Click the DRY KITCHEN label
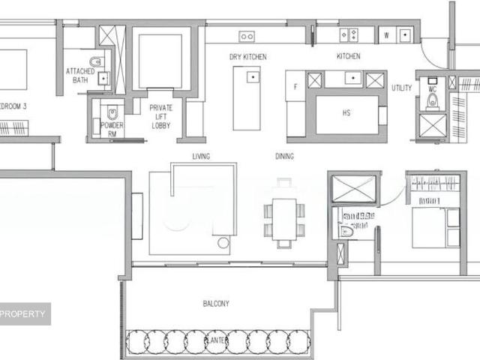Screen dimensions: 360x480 coord(248,57)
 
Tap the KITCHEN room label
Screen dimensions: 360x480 coord(348,57)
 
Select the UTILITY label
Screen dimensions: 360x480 coord(402,88)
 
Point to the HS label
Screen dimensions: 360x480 coord(346,113)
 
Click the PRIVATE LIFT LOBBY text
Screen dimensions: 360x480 coord(160,117)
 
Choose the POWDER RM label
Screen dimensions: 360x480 coord(112,129)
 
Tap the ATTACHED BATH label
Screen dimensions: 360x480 coord(80,75)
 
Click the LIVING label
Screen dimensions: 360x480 coord(201,156)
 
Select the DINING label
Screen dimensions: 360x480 coord(284,157)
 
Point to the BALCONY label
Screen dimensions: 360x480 coord(216,304)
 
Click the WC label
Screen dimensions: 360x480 coord(433,89)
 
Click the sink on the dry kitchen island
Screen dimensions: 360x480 coord(253,76)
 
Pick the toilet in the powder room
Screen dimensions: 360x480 coord(112,113)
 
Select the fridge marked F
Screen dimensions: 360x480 coord(295,87)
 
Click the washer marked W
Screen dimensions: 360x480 coord(386,35)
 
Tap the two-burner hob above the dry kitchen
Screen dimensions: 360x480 coord(247,35)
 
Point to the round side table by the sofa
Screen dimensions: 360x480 coord(223,243)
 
